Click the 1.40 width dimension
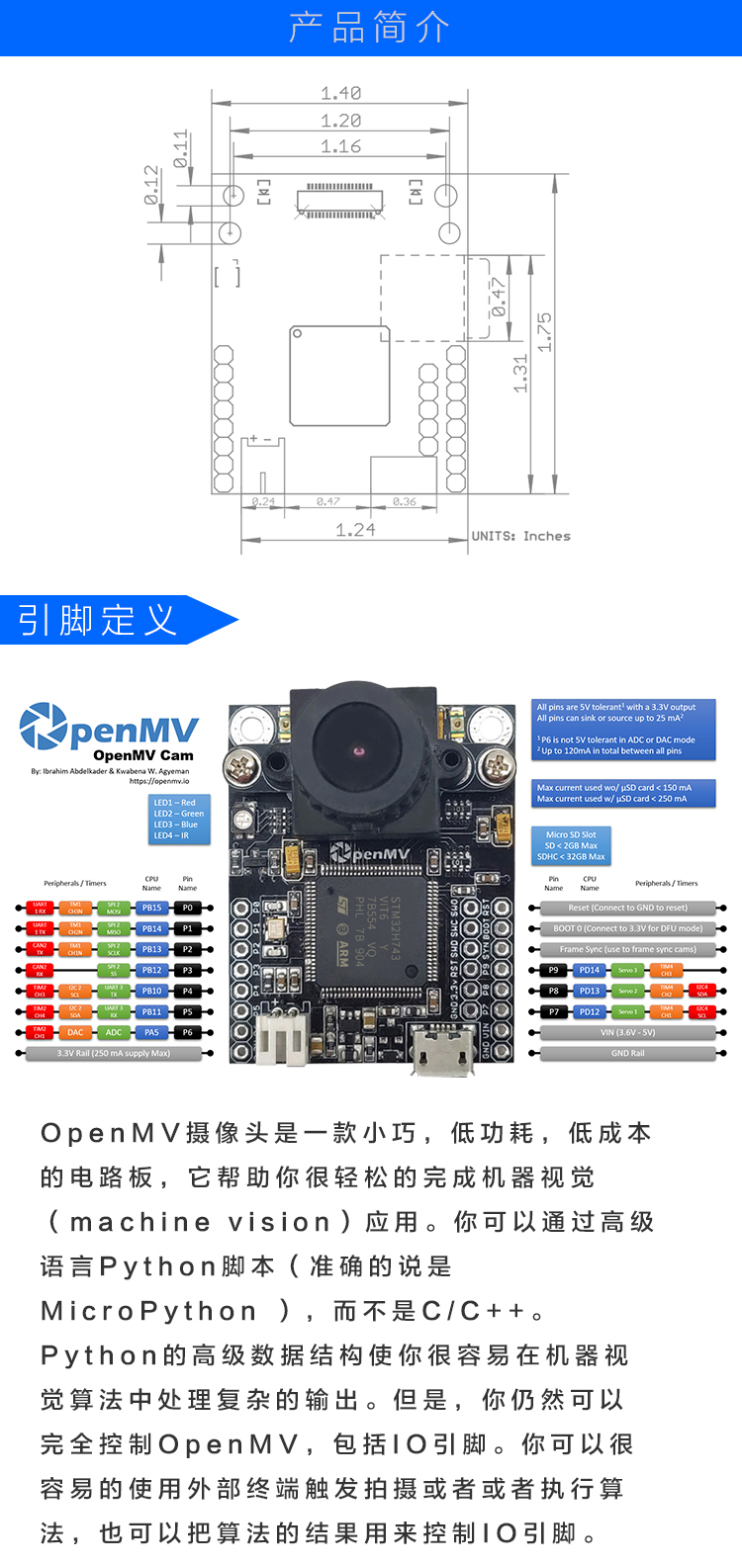(340, 94)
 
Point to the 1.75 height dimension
(544, 332)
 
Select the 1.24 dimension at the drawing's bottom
(355, 530)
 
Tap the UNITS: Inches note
(520, 536)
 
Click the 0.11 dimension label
(180, 148)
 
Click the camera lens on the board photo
(358, 752)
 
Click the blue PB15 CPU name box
(151, 908)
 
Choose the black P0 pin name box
(187, 908)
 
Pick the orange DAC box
(75, 1032)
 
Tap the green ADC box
(114, 1032)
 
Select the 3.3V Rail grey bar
(114, 1054)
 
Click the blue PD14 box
(590, 970)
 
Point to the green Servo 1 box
(627, 1011)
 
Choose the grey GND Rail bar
(627, 1054)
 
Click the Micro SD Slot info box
(571, 845)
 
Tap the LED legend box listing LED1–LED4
(179, 820)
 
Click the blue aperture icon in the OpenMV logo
(43, 726)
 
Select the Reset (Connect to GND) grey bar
(627, 908)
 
